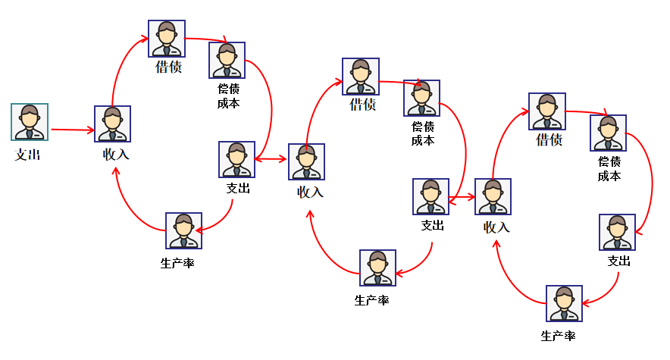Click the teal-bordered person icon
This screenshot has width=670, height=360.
(30, 122)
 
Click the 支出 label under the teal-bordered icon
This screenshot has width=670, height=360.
(28, 155)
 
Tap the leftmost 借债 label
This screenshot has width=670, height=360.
(168, 67)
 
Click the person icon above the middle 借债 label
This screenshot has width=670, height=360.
(361, 77)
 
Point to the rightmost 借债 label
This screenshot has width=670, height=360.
(549, 140)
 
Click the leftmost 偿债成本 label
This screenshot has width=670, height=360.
(228, 96)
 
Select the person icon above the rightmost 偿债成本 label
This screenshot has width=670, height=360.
(609, 133)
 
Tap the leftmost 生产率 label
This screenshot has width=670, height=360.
(177, 264)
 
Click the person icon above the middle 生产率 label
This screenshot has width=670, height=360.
(377, 268)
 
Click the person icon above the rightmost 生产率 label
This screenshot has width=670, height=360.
(564, 304)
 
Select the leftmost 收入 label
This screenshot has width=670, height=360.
(116, 155)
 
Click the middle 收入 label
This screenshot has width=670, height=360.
(310, 193)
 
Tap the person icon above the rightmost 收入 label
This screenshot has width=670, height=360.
(493, 197)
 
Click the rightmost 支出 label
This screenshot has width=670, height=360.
(618, 261)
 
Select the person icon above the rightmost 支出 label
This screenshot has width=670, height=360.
(617, 232)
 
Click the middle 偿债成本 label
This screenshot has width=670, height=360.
(423, 133)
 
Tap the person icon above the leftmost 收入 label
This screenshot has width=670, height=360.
(112, 124)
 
